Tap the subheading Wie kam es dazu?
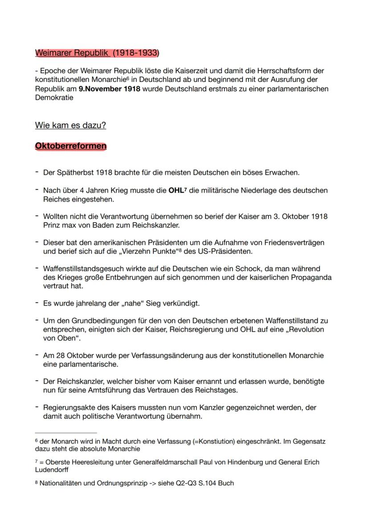click(70, 125)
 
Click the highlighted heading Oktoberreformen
click(70, 146)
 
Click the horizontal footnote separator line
click(66, 433)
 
